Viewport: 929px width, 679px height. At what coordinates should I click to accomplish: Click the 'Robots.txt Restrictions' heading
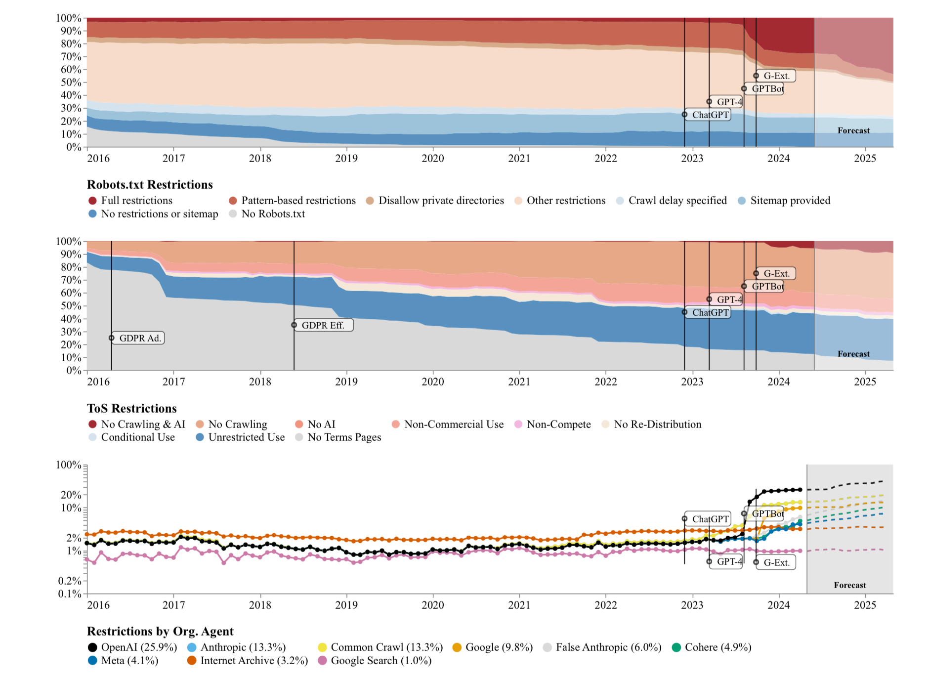(150, 184)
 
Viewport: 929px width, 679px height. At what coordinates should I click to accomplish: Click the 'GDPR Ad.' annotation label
(139, 338)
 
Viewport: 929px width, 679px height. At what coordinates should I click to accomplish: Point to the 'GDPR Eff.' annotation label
(323, 325)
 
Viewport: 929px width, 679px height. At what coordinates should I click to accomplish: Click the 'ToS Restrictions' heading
(132, 408)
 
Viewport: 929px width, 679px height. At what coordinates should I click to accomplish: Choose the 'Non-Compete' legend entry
(558, 424)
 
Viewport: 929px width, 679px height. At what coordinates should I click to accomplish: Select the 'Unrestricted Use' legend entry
(246, 437)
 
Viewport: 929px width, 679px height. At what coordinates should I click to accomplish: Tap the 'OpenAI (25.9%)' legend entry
(138, 647)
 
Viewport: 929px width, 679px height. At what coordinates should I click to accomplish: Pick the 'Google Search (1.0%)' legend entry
(380, 661)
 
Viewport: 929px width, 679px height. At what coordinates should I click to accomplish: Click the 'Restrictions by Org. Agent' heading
(160, 631)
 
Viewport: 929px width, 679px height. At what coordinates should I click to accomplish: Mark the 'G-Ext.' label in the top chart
(776, 76)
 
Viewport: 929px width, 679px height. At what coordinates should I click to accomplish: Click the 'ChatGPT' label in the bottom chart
(710, 519)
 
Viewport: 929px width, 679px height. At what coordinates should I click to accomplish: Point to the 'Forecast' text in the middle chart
(853, 354)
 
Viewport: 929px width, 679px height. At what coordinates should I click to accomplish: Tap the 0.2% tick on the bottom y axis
(70, 581)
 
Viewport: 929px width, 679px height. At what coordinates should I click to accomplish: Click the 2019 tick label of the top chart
(346, 159)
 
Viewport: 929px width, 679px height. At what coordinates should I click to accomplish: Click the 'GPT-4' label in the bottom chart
(729, 562)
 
